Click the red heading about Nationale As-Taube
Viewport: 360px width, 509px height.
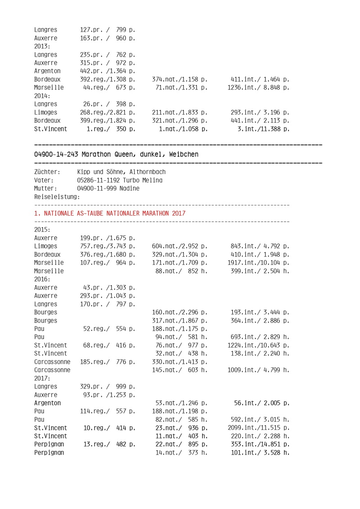tap(109, 213)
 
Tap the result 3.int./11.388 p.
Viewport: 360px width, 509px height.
tap(263, 129)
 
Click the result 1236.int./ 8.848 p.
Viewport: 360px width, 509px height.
tap(259, 88)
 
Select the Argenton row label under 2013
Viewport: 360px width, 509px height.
tap(47, 71)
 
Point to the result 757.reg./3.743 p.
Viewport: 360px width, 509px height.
tap(108, 246)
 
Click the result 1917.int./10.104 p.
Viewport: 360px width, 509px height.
tap(259, 263)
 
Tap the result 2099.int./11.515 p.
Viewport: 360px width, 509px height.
tap(259, 428)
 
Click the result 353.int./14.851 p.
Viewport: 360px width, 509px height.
tap(259, 444)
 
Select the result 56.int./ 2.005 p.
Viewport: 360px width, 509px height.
tap(262, 403)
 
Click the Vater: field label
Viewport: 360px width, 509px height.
tap(44, 180)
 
